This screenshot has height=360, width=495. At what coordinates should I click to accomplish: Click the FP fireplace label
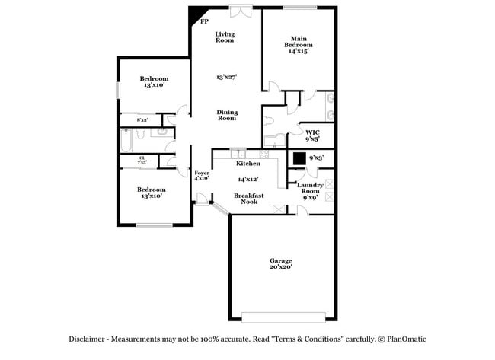(204, 21)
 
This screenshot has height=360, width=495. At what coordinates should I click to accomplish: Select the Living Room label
(225, 37)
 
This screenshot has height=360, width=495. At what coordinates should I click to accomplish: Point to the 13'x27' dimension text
(227, 77)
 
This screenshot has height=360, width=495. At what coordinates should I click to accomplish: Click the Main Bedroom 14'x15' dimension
(299, 51)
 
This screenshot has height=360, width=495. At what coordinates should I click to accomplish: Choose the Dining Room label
(227, 115)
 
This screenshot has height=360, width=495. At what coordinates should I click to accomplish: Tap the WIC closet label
(312, 132)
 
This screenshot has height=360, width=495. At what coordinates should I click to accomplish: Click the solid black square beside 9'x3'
(299, 159)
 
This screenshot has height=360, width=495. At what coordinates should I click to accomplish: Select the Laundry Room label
(310, 188)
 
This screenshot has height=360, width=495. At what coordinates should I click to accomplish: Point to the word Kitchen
(248, 164)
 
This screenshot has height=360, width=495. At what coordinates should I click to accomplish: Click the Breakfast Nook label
(249, 199)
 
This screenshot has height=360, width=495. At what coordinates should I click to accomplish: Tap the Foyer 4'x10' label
(202, 175)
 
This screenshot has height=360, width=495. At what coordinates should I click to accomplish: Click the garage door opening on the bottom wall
(283, 317)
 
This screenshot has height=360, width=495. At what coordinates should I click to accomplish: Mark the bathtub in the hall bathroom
(126, 141)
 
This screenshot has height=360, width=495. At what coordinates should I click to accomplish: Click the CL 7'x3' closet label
(142, 160)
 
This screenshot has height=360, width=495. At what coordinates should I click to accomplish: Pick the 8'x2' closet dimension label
(142, 120)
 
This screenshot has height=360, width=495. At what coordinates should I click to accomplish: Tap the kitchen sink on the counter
(238, 154)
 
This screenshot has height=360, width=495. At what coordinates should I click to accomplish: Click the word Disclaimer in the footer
(87, 339)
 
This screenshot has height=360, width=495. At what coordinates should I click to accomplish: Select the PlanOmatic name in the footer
(407, 339)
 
